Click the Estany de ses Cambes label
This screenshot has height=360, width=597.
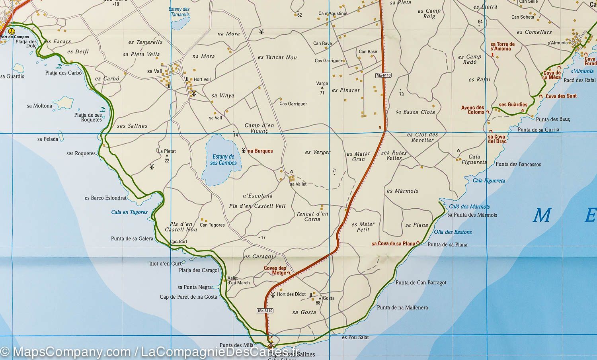(x=223, y=160)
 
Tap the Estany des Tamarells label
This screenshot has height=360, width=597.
(x=179, y=12)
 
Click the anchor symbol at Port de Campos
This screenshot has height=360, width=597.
(x=11, y=31)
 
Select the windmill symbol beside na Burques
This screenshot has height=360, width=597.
(x=244, y=150)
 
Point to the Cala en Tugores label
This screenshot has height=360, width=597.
(x=129, y=212)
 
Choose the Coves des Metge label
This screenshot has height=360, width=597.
(x=275, y=270)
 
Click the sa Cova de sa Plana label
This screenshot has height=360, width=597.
(x=393, y=244)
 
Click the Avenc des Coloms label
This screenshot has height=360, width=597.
(x=473, y=110)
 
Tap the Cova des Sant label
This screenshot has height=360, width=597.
(x=561, y=96)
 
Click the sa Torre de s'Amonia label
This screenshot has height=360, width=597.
(x=502, y=46)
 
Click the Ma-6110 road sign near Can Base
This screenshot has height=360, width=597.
(x=383, y=75)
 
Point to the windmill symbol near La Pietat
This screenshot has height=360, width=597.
(x=151, y=166)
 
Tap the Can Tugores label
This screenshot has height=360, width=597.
(x=212, y=225)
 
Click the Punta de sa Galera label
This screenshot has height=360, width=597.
(x=132, y=239)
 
